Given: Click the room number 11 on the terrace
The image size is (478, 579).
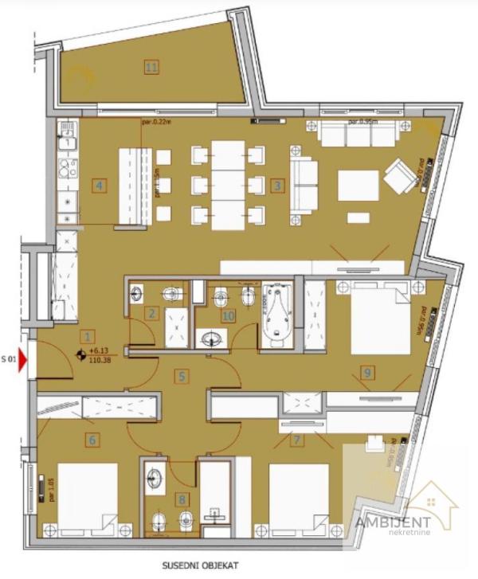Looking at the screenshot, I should click(151, 67).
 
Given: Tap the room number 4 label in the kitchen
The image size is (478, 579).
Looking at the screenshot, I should click(99, 186).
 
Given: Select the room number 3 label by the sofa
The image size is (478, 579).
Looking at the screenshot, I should click(277, 186).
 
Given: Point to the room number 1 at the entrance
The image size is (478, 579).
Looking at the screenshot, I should click(88, 335).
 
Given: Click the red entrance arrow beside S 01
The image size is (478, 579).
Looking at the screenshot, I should click(24, 362).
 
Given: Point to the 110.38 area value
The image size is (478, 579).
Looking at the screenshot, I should click(100, 360).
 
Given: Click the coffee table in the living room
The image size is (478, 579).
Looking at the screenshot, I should click(358, 186).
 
